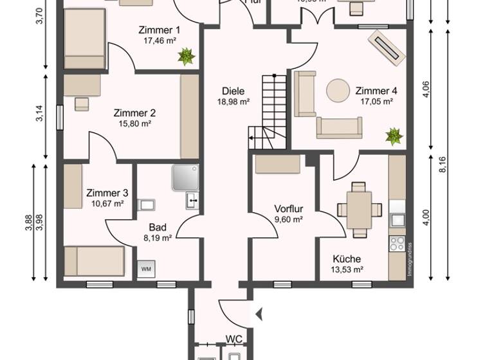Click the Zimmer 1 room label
pos(160,30)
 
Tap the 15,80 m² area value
pos(134,124)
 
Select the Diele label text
pos(233,91)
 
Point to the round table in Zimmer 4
pos(338,91)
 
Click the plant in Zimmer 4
pos(393,136)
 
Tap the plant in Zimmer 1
pos(186,57)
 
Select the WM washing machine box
pos(146,269)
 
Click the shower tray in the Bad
pos(185,177)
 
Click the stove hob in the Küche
pos(398,244)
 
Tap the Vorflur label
pos(288,209)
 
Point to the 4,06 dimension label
pos(425,89)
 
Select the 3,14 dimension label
pos(39,113)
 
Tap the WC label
pos(233,339)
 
